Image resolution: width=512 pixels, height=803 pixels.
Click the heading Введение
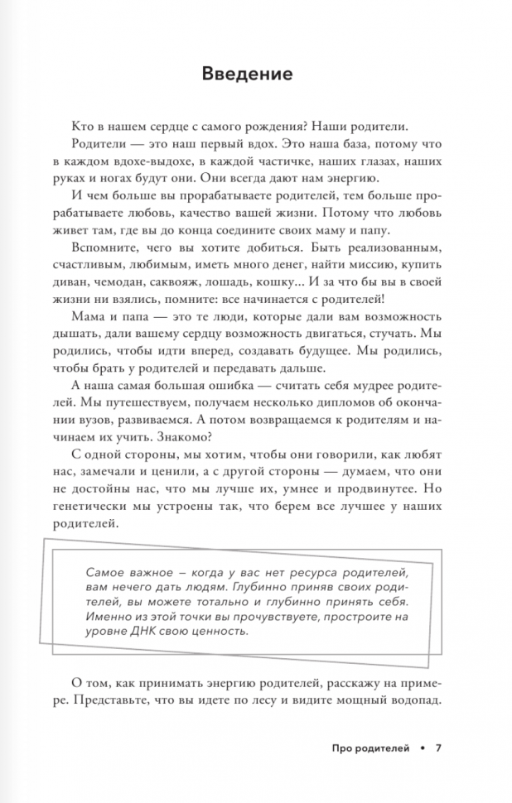click(x=247, y=75)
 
